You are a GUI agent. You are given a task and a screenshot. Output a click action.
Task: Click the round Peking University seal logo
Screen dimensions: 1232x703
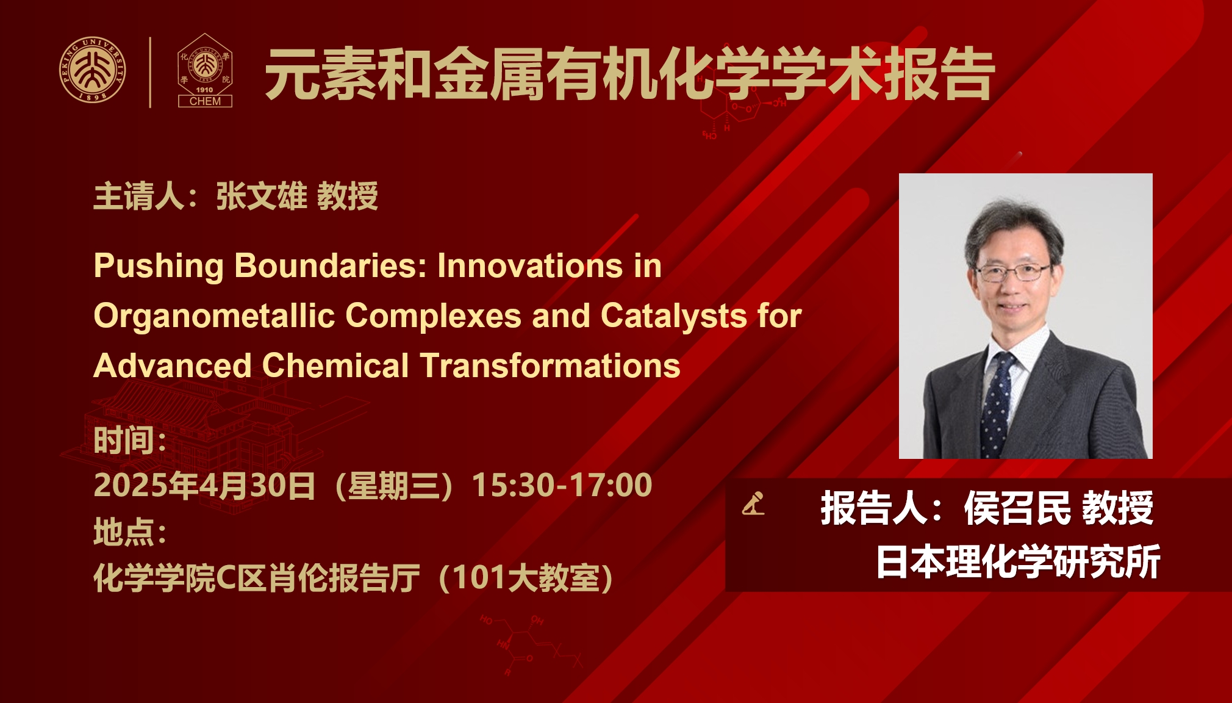click(x=93, y=70)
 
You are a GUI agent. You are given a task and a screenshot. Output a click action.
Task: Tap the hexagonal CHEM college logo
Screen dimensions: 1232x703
click(x=205, y=70)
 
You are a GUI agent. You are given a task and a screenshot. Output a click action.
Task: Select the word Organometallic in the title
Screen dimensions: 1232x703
click(x=214, y=317)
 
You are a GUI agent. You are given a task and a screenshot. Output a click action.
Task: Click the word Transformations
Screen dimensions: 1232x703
click(x=550, y=366)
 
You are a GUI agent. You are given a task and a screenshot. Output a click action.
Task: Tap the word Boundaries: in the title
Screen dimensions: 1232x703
click(x=331, y=267)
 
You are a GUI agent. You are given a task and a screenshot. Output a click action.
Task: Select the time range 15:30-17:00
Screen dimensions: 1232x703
click(x=562, y=485)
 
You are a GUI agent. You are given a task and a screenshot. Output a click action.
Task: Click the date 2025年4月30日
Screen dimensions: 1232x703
click(x=204, y=486)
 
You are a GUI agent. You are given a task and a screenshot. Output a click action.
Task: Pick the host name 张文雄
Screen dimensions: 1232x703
click(x=262, y=196)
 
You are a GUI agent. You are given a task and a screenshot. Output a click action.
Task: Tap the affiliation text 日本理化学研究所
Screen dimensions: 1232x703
click(x=1018, y=561)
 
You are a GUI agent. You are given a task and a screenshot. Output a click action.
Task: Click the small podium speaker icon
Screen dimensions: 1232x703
click(x=753, y=503)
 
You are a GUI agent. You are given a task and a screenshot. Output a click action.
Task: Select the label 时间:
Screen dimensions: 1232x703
click(x=130, y=440)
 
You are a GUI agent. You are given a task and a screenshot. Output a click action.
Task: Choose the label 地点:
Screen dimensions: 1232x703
click(x=130, y=532)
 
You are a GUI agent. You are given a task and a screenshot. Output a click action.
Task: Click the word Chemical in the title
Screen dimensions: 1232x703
click(x=335, y=366)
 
